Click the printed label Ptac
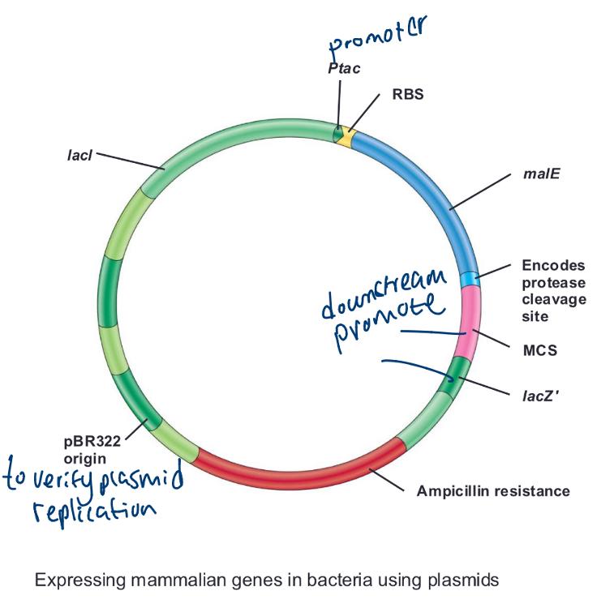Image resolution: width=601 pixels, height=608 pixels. (344, 69)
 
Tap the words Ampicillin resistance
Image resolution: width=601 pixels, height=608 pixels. (492, 490)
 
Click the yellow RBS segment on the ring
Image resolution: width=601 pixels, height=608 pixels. (347, 135)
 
